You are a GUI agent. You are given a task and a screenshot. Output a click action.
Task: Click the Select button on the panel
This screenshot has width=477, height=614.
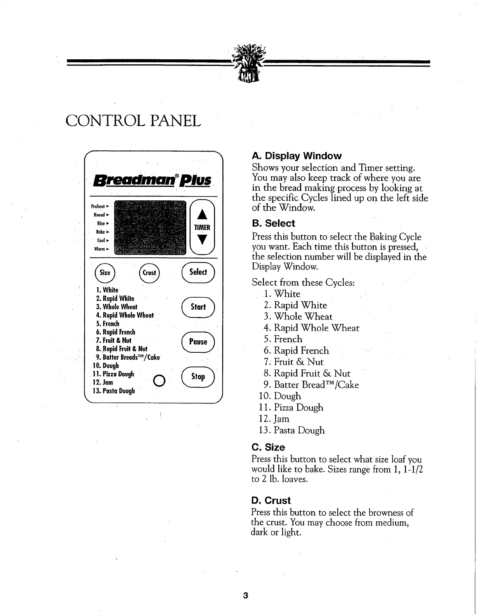198,272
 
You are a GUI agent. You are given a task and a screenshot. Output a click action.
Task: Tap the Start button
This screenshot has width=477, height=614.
198,307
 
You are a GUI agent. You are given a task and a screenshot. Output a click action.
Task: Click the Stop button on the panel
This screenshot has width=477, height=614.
198,376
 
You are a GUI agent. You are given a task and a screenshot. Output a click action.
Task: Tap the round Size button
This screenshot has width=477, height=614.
105,272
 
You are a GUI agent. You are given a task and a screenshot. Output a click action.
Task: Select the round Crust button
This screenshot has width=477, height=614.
149,272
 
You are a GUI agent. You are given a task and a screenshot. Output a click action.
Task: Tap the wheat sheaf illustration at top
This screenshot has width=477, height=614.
249,64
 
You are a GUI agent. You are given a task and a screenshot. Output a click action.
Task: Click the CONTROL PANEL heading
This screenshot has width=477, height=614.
134,121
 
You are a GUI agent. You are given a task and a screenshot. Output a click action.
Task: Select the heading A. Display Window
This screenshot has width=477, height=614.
297,156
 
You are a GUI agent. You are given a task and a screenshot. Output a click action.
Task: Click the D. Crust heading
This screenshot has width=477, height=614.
271,500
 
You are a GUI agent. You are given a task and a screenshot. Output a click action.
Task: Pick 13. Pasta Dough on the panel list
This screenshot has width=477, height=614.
114,391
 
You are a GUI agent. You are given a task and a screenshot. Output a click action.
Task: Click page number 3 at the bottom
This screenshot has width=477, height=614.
245,595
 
